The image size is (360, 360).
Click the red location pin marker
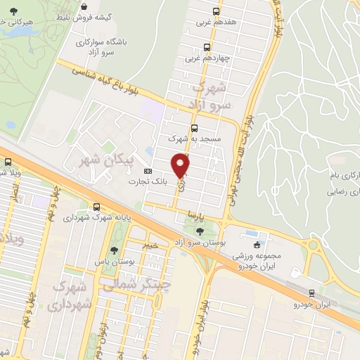pyautogui.click(x=181, y=166)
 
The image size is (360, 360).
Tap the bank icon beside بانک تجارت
pyautogui.click(x=148, y=171)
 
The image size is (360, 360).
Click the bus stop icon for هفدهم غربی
pyautogui.click(x=216, y=11)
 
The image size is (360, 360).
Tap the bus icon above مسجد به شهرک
pyautogui.click(x=195, y=128)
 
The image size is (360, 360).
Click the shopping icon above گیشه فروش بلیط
pyautogui.click(x=84, y=6)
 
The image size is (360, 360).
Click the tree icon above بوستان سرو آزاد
pyautogui.click(x=200, y=230)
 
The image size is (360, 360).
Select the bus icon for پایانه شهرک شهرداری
pyautogui.click(x=96, y=207)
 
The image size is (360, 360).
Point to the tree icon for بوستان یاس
pyautogui.click(x=113, y=250)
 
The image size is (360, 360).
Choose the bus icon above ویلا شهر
pyautogui.click(x=8, y=162)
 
